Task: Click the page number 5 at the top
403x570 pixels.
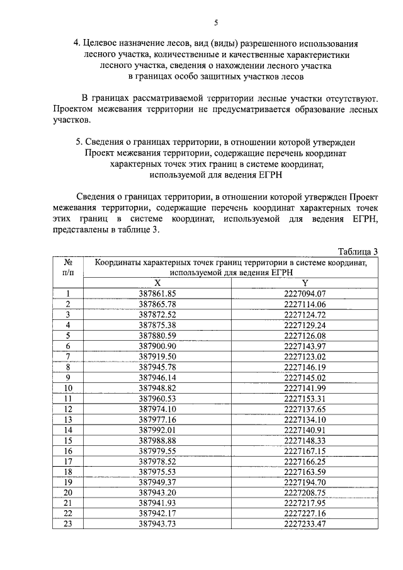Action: click(x=216, y=23)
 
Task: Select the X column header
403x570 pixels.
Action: click(x=157, y=283)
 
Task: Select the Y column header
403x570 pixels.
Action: click(x=304, y=283)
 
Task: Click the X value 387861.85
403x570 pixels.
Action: click(x=157, y=294)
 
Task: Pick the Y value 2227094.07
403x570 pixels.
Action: click(x=304, y=294)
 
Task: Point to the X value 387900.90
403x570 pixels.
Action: click(x=157, y=346)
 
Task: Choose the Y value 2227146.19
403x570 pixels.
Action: click(x=304, y=367)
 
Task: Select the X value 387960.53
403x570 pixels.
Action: click(x=157, y=398)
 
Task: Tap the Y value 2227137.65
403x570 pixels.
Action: click(x=304, y=408)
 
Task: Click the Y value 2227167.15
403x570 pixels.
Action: click(x=304, y=450)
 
